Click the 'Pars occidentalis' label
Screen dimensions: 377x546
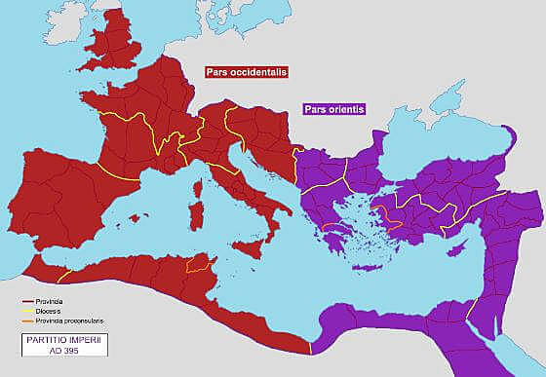[252, 72]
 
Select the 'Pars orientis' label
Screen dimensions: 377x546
[334, 110]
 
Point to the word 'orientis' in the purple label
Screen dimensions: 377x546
[346, 110]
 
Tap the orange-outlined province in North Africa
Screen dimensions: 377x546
[199, 264]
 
